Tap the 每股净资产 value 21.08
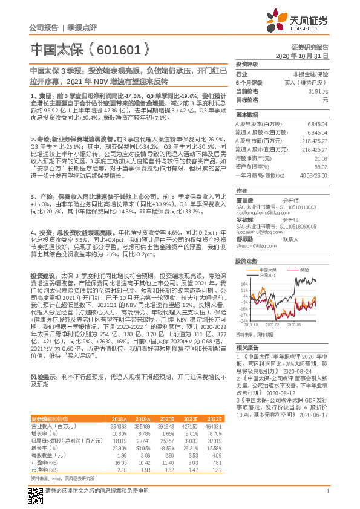tap(321, 158)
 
